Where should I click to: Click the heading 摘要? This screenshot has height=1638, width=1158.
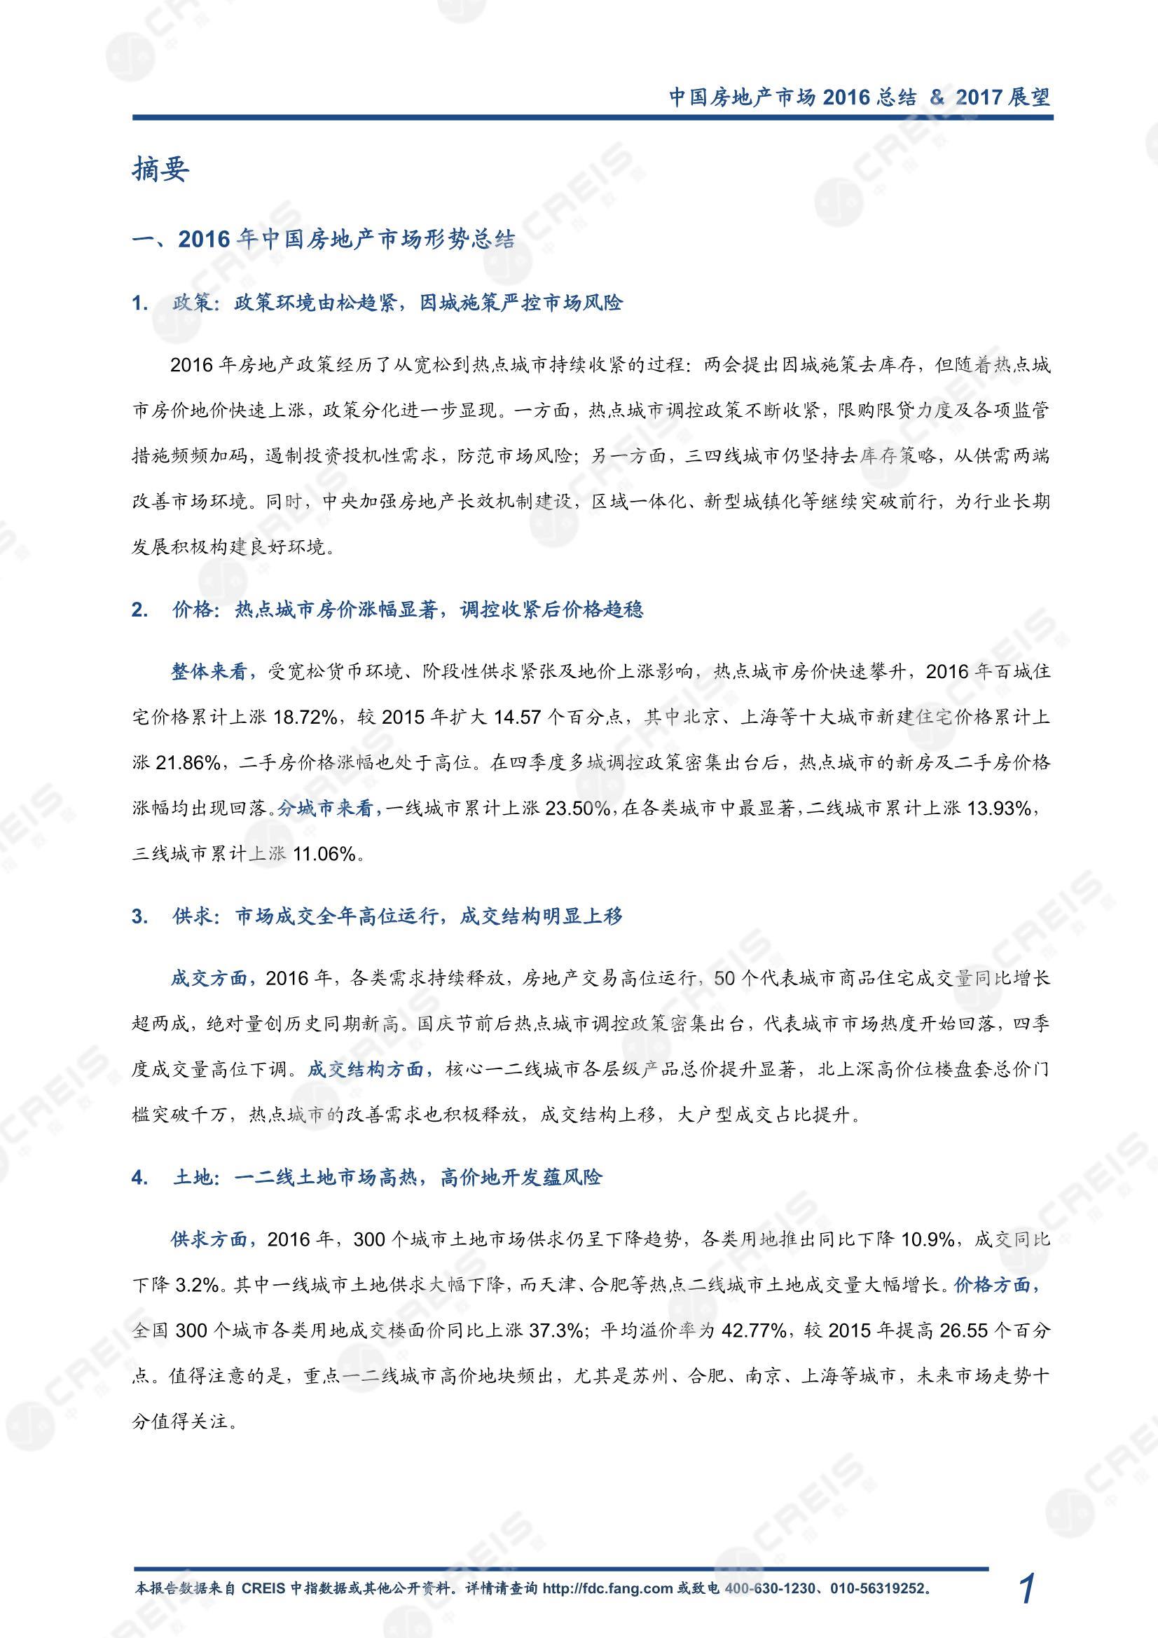[160, 170]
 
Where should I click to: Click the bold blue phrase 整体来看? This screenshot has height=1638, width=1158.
[209, 671]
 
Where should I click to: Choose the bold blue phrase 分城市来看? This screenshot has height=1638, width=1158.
[326, 808]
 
